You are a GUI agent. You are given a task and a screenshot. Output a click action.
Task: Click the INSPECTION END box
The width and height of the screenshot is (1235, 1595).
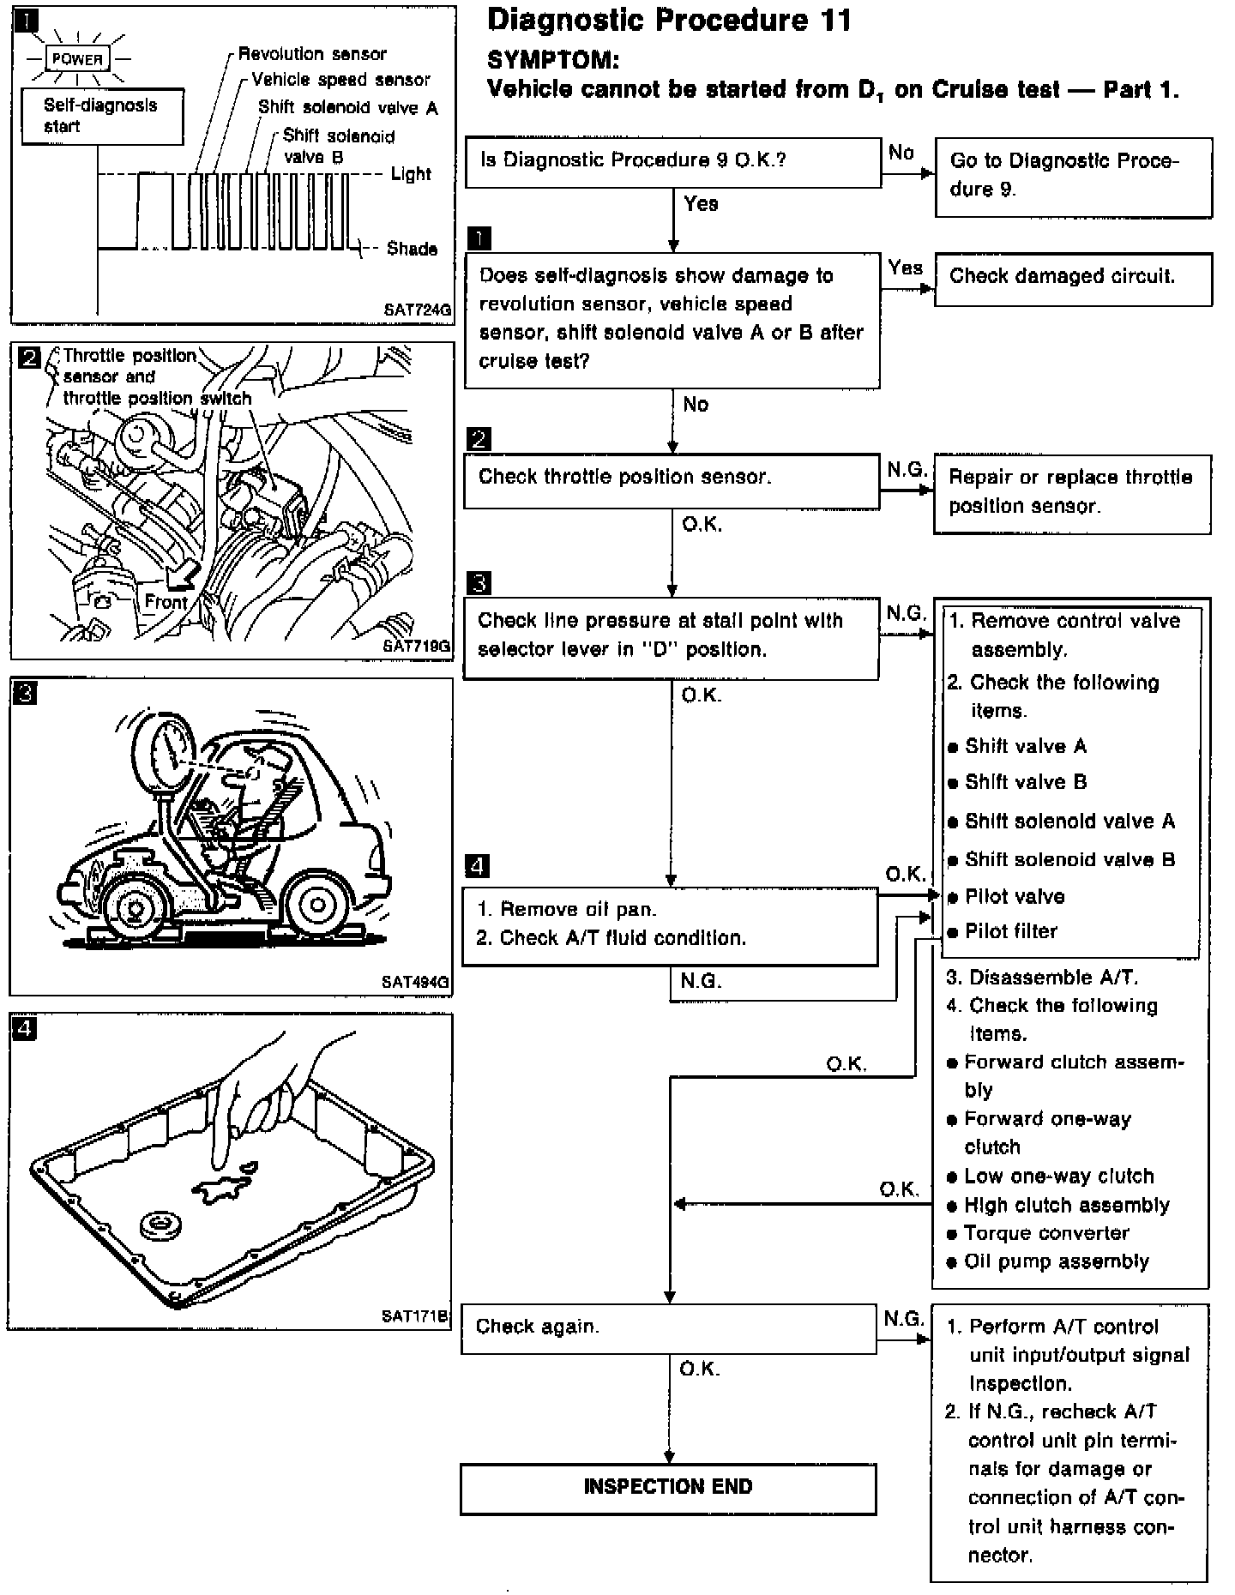[x=668, y=1488]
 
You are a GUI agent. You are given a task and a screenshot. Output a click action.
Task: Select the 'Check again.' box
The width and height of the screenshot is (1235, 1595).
[x=668, y=1328]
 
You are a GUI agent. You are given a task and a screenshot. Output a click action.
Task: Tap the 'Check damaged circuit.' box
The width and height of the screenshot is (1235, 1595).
[x=1072, y=278]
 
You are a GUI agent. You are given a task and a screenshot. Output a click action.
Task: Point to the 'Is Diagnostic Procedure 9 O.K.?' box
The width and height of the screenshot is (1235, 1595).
[x=672, y=161]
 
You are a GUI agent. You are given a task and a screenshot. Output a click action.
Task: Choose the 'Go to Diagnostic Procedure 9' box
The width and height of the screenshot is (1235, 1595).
[x=1072, y=176]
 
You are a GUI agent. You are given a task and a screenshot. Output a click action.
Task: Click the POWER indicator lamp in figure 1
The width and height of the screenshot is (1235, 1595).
[x=77, y=59]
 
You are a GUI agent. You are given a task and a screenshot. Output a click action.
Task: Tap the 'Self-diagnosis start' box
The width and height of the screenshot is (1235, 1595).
[x=101, y=116]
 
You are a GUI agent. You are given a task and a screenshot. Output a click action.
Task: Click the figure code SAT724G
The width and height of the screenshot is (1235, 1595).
[x=417, y=310]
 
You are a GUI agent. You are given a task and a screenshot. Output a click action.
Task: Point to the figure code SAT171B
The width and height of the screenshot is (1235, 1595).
[x=415, y=1316]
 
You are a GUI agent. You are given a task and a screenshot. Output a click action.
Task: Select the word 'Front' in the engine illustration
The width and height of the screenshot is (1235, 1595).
[x=166, y=602]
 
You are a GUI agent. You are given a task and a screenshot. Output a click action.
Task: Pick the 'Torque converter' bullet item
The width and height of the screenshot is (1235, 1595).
[x=1046, y=1233]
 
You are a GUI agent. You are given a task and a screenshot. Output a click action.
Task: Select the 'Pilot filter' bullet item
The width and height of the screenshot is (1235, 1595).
[x=1010, y=931]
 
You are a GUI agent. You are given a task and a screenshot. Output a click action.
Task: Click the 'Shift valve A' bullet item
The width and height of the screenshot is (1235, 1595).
[x=1025, y=746]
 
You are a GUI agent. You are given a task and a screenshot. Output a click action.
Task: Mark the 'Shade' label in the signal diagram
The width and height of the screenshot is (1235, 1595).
[x=412, y=249]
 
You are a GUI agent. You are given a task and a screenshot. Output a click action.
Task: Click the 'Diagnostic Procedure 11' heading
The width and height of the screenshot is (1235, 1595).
[x=669, y=21]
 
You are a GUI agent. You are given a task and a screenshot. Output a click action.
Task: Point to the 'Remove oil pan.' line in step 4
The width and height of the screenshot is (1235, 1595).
[x=577, y=909]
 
